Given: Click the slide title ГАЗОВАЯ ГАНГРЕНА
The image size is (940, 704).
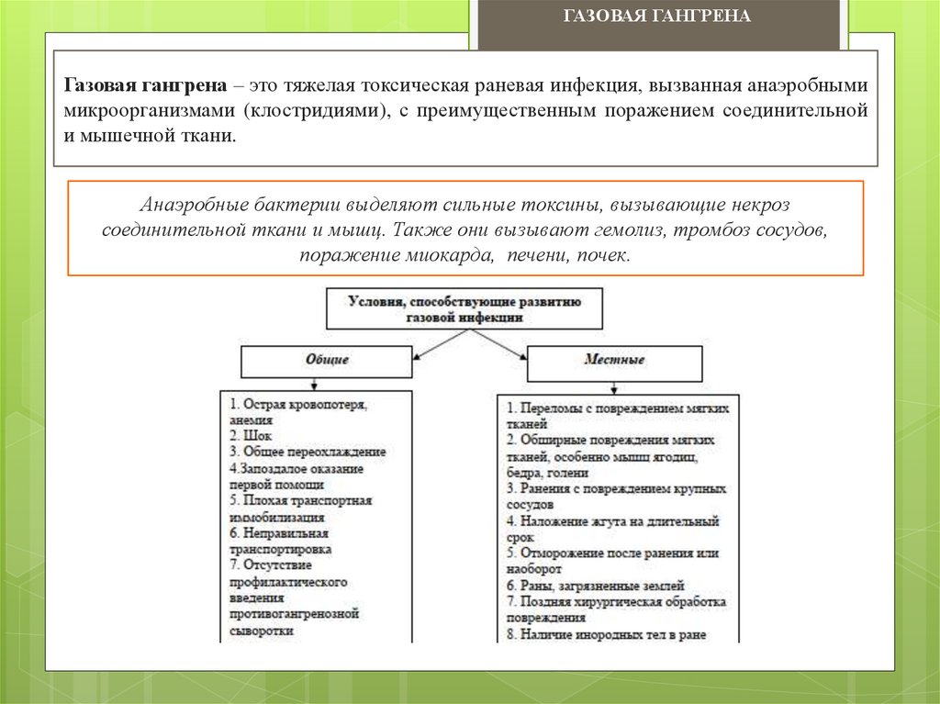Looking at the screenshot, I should (655, 17).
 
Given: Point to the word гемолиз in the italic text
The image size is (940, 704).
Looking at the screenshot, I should (630, 229).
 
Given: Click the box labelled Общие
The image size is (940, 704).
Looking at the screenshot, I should (326, 360).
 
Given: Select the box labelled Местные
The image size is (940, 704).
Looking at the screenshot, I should (614, 360).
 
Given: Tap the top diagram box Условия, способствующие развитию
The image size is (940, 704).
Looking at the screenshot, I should (464, 307).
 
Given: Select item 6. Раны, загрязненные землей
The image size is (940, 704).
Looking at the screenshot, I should (595, 585).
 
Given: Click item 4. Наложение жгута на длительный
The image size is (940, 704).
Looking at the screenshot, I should (612, 520).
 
